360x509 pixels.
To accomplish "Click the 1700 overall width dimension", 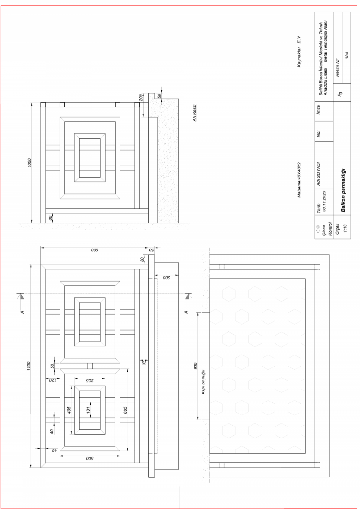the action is click(29, 366).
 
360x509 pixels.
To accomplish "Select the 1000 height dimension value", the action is click(30, 163).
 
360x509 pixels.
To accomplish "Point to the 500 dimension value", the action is click(90, 458).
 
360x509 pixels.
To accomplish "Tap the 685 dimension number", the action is click(125, 410).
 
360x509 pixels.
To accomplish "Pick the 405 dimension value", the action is click(69, 410).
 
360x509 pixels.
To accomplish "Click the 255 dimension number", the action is click(90, 380).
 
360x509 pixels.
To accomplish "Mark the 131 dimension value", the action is click(88, 410).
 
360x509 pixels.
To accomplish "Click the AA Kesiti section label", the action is click(194, 113).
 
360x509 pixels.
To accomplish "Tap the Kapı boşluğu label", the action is click(204, 381).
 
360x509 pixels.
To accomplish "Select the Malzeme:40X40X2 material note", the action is click(299, 180).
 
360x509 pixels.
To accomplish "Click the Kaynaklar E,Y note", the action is click(299, 52).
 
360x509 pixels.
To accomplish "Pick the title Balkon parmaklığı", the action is click(343, 190).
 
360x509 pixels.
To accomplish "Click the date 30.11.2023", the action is click(324, 201).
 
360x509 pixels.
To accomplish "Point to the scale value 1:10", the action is click(345, 228).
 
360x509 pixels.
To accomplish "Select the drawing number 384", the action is click(347, 55).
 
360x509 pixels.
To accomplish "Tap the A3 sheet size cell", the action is click(340, 94).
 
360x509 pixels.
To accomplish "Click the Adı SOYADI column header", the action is click(319, 174).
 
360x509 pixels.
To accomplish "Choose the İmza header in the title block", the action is click(319, 109).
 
